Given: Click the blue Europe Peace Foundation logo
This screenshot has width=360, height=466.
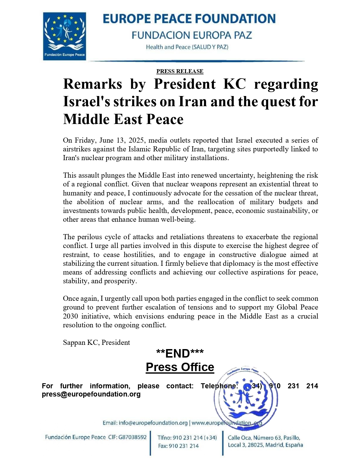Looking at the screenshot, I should [x=64, y=36].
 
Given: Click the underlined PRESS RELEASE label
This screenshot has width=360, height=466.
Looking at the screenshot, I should [x=180, y=71].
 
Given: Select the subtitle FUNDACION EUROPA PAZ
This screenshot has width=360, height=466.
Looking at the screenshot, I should [x=192, y=35].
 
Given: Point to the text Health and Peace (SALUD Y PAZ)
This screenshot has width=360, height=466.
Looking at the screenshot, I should [x=187, y=47].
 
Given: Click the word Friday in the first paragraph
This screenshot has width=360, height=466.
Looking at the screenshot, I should [x=85, y=140].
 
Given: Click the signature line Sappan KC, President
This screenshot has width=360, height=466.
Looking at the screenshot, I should [x=96, y=343].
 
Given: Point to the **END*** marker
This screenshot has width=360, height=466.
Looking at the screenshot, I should [x=180, y=353].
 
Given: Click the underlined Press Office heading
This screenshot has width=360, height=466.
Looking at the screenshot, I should [x=180, y=367].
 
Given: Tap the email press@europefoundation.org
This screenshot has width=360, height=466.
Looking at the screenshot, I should [x=91, y=394].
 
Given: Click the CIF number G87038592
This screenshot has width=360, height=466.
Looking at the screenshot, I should [x=132, y=437].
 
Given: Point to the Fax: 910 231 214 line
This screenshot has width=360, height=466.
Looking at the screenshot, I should [x=178, y=446].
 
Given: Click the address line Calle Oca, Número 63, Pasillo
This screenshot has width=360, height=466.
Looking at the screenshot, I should [x=264, y=438].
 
